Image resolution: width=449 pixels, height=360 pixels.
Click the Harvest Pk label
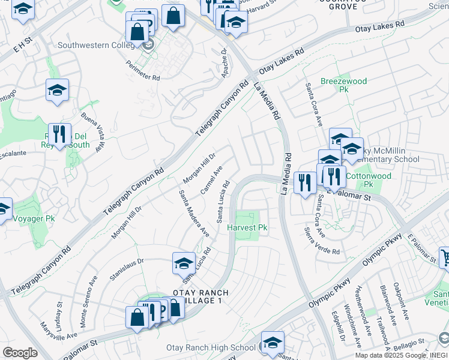point(247,227)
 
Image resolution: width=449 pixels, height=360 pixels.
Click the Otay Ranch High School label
point(211,347)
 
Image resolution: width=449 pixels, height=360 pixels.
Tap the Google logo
point(20,353)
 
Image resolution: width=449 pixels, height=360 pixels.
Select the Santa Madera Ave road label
point(194,213)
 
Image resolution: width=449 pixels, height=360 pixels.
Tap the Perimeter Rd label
point(143,70)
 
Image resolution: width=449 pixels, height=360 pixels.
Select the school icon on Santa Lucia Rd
point(184,263)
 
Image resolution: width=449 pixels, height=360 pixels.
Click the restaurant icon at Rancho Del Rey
point(59,134)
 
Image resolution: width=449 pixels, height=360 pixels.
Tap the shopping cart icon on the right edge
point(445,257)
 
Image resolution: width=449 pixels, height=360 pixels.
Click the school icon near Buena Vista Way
point(57,90)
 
